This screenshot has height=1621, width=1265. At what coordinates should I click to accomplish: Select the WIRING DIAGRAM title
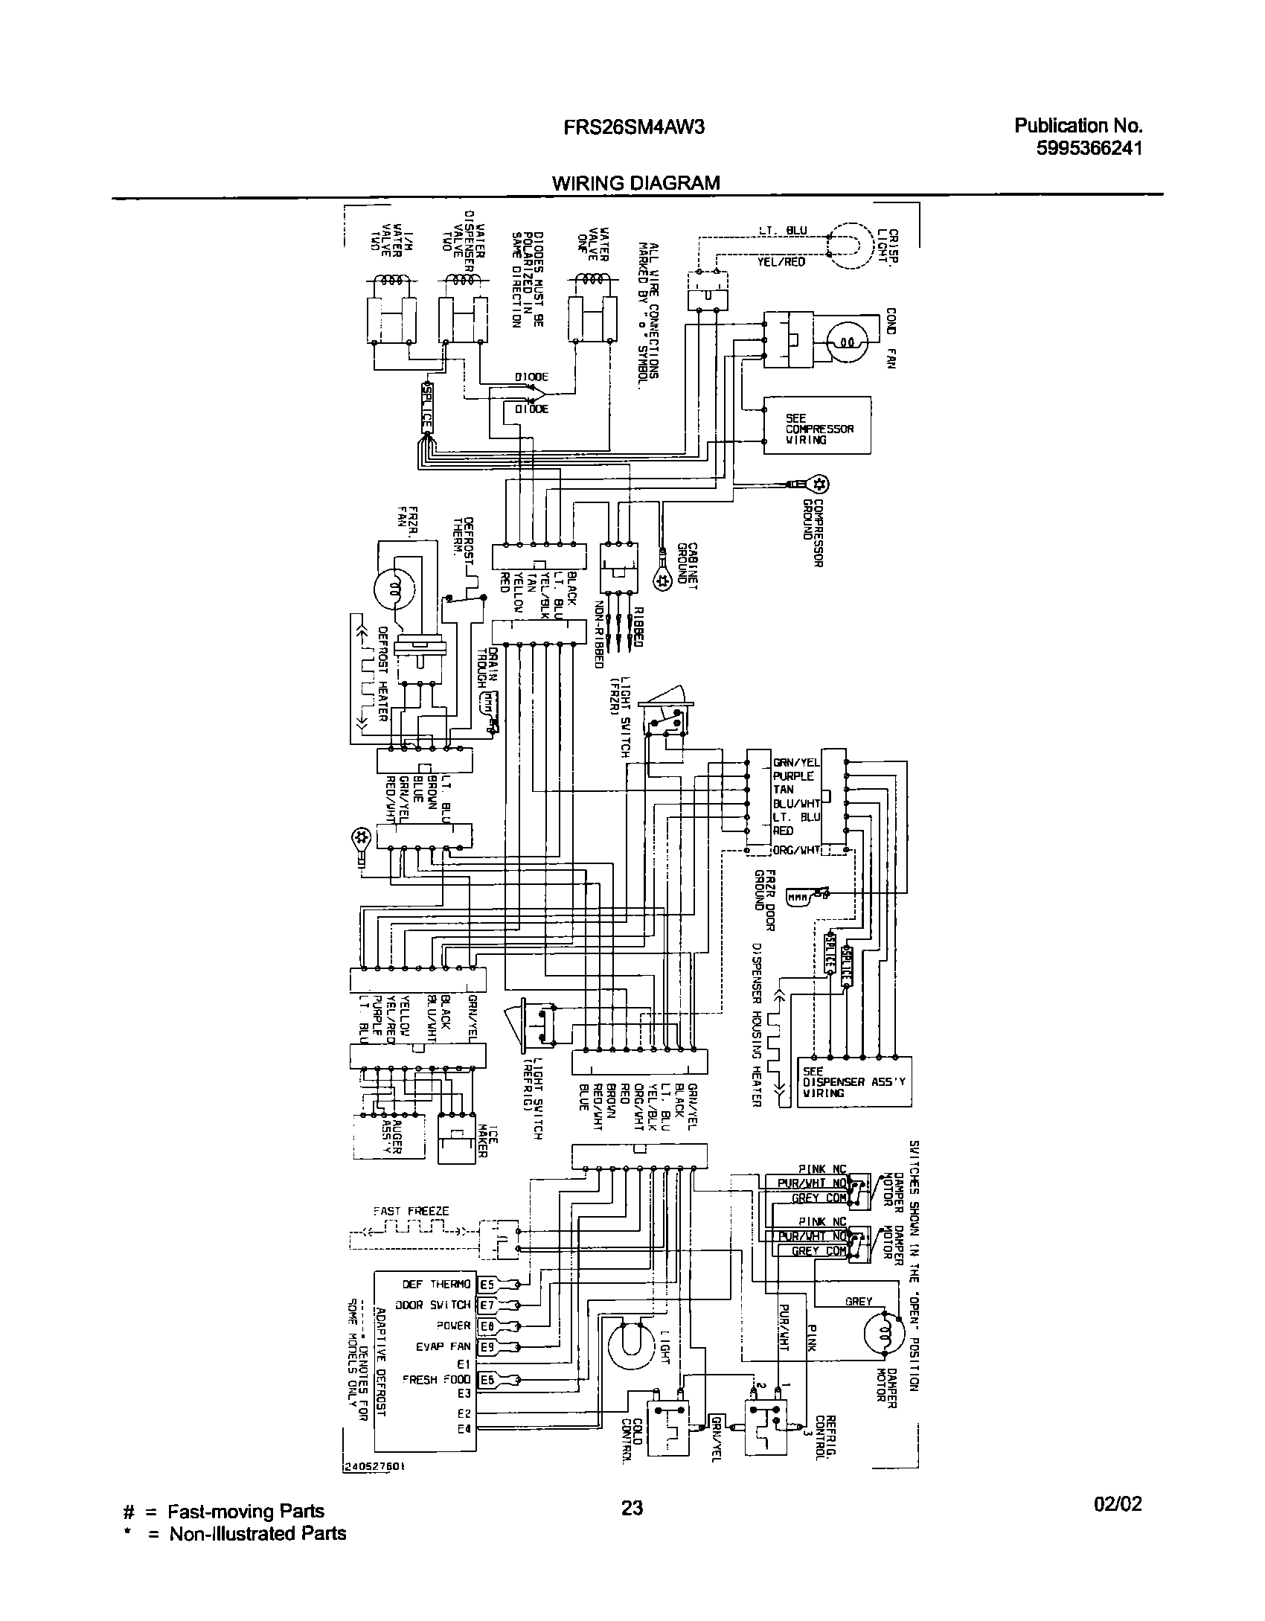pos(635,183)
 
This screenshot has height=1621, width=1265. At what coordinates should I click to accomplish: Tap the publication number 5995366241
pos(1089,148)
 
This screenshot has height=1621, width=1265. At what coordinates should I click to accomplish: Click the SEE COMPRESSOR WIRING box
pos(818,425)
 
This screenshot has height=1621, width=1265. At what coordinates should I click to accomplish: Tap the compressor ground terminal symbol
pos(819,485)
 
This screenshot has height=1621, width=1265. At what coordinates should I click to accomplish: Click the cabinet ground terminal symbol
pos(661,582)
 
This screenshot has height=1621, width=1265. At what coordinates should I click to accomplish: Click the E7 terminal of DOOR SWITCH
pos(487,1305)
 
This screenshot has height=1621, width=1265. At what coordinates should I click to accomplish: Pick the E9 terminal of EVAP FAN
pos(487,1346)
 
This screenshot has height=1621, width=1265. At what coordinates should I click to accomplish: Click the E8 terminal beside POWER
pos(487,1326)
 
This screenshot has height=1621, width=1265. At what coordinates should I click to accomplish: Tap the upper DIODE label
pos(531,377)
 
